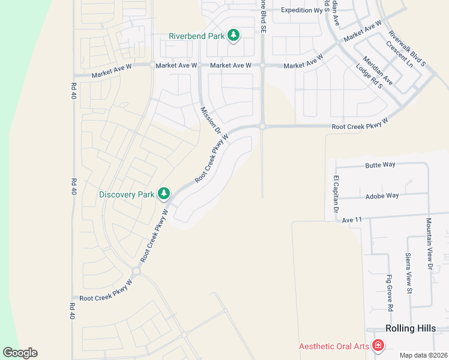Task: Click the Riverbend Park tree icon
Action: click(234, 36)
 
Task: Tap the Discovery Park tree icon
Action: click(163, 194)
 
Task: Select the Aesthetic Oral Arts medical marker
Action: click(378, 346)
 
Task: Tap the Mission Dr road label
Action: click(211, 120)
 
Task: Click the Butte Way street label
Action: click(382, 164)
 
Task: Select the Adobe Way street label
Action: click(382, 196)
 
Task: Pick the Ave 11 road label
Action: click(353, 220)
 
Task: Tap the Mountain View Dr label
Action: click(429, 242)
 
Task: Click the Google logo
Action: click(20, 353)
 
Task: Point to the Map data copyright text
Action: click(423, 355)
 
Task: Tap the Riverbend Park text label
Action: click(196, 36)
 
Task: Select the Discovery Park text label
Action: click(127, 194)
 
